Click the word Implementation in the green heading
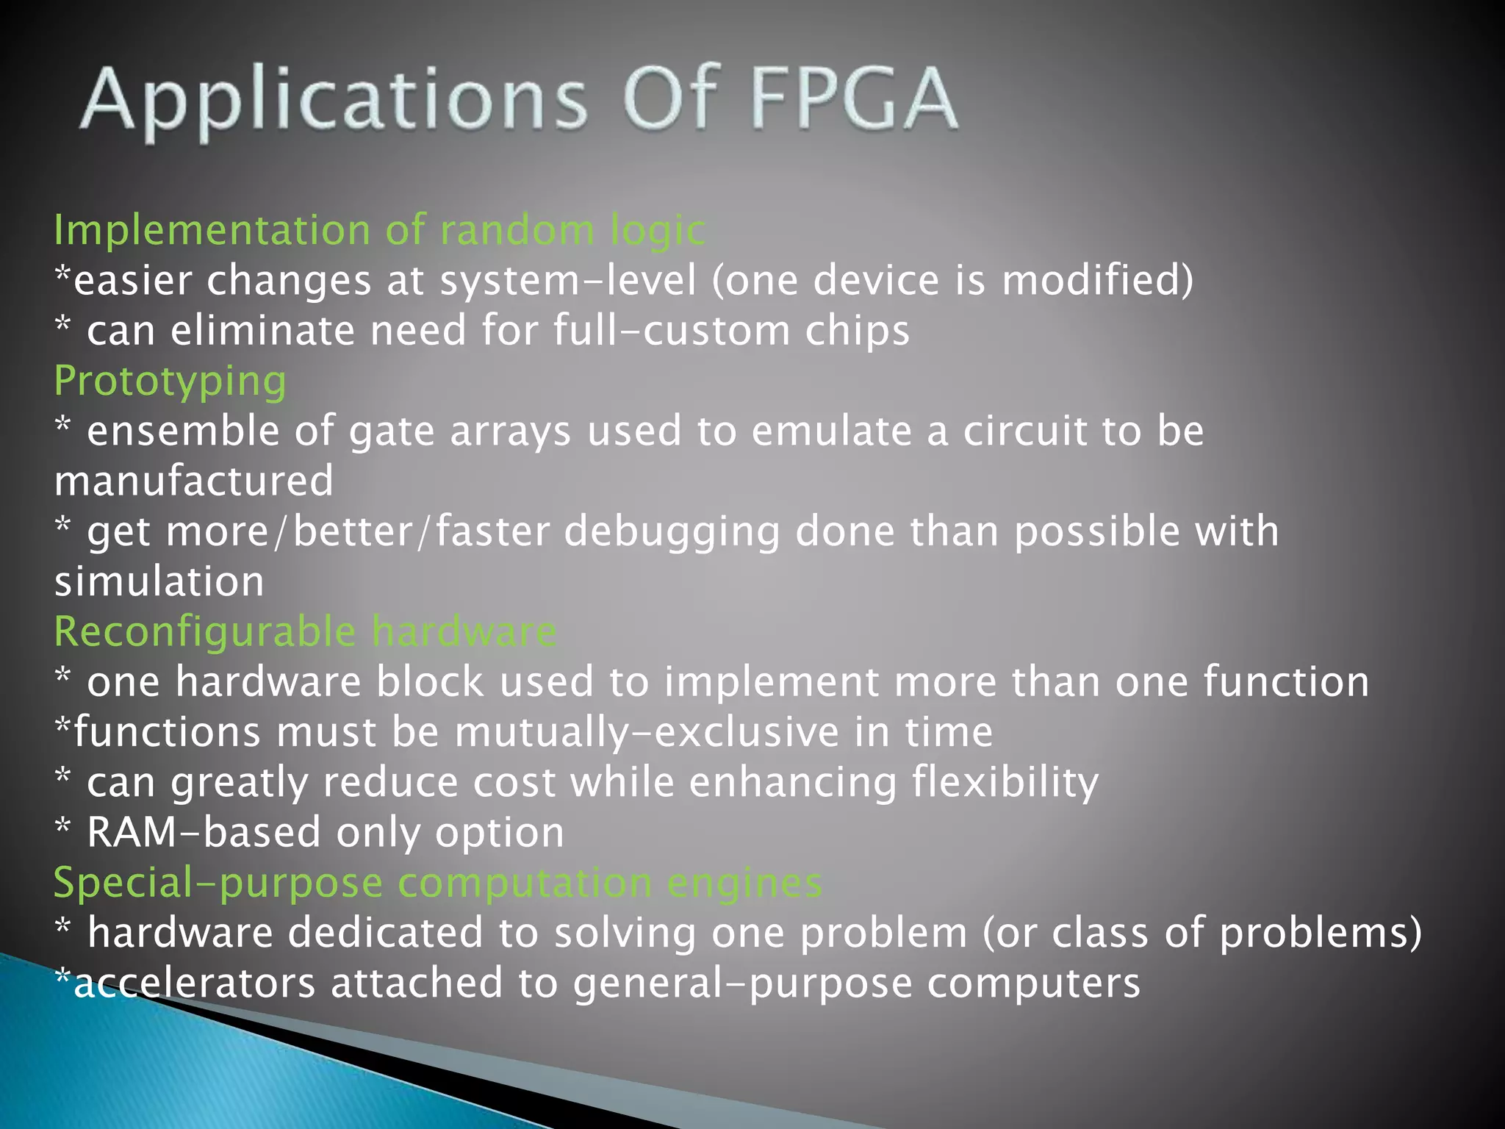coord(212,231)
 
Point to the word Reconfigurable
coord(205,632)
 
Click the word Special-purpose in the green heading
coord(218,884)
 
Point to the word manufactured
coord(194,481)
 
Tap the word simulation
coord(159,582)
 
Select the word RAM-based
coord(204,833)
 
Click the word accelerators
coord(195,983)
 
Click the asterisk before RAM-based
coord(63,828)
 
